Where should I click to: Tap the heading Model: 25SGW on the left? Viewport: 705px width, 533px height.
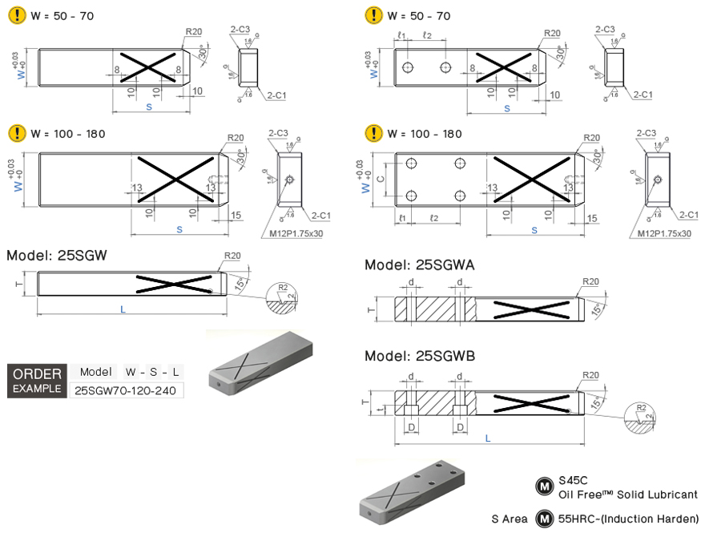point(57,256)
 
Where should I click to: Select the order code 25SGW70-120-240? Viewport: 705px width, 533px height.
point(127,390)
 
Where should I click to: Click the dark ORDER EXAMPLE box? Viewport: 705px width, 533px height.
point(36,381)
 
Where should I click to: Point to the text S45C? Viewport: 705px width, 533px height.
point(574,481)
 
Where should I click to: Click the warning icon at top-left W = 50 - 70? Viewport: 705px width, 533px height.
point(15,15)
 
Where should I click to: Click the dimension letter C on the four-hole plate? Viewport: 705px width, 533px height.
point(381,179)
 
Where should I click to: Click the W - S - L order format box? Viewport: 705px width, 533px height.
point(152,372)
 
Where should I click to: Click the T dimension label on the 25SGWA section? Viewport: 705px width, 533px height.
point(370,309)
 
